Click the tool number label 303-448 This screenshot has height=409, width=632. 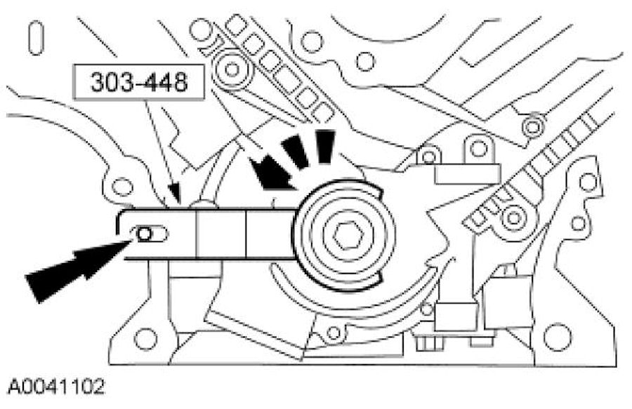[x=138, y=83]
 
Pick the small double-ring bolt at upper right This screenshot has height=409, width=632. [x=533, y=126]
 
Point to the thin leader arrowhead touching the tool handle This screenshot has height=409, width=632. [x=175, y=193]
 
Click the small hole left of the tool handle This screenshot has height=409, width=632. [x=123, y=187]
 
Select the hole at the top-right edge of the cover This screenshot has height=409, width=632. [x=588, y=182]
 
